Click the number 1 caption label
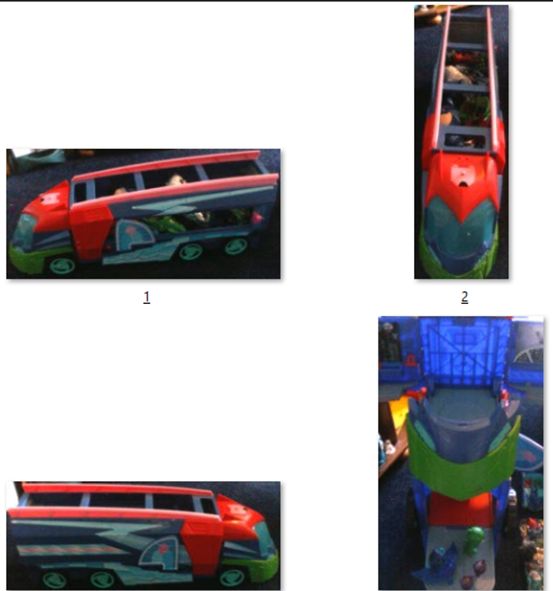(147, 297)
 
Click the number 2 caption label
(465, 297)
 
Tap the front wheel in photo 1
(62, 265)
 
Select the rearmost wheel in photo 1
(236, 246)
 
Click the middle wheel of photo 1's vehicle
(191, 252)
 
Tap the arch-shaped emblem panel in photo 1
(134, 234)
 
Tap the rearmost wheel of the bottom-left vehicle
(55, 579)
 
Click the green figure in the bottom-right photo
(474, 540)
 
